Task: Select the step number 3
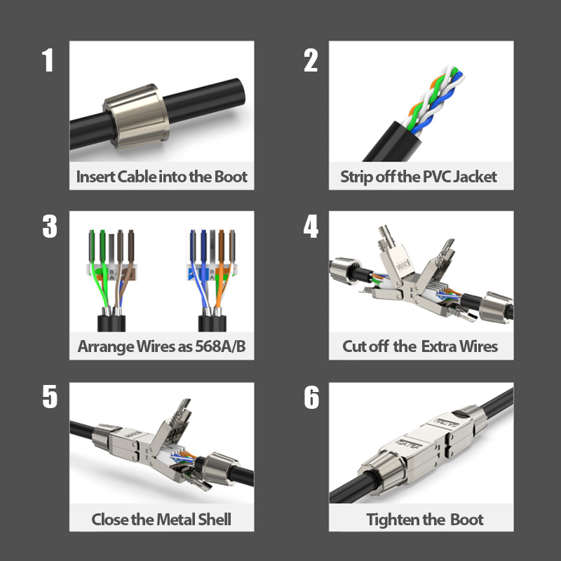pyautogui.click(x=49, y=227)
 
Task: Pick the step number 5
pyautogui.click(x=49, y=397)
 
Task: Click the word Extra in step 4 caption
pyautogui.click(x=440, y=346)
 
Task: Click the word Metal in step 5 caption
pyautogui.click(x=166, y=520)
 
